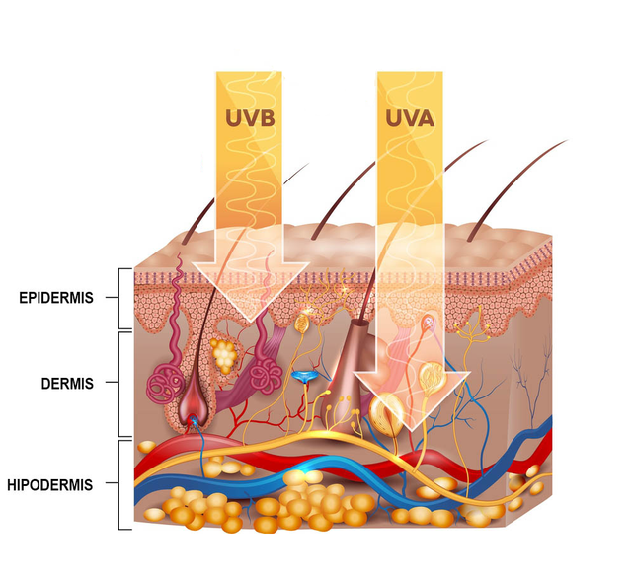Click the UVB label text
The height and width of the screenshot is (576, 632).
[250, 118]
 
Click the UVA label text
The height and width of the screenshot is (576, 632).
[410, 118]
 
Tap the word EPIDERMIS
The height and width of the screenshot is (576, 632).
[56, 298]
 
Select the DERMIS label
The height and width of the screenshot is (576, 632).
[67, 384]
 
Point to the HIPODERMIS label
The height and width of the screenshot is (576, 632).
[50, 485]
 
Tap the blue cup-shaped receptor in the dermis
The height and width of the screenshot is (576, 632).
[305, 377]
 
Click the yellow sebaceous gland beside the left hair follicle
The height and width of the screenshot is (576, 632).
[223, 355]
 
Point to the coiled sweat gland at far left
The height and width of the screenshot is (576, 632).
[161, 384]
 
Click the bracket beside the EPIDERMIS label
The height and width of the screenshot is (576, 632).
[119, 298]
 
